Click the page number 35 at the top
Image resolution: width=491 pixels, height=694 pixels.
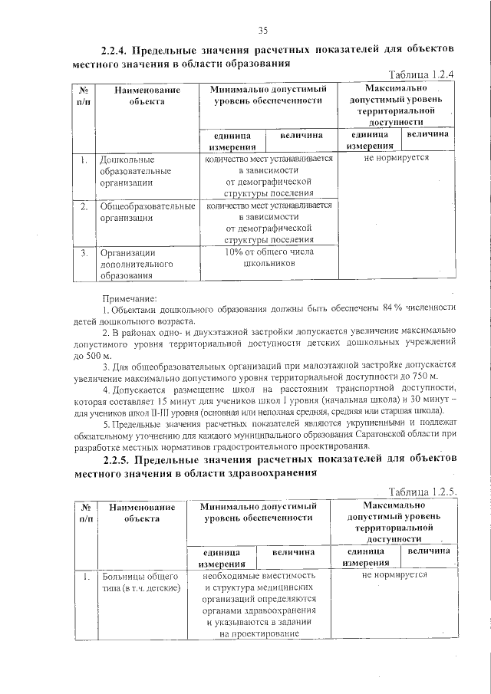click(262, 30)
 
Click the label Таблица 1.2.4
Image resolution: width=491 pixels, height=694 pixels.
click(422, 74)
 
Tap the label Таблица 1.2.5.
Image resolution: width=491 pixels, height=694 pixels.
click(423, 492)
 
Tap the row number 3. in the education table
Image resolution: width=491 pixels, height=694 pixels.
click(83, 252)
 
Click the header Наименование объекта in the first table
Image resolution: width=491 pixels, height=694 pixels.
click(147, 95)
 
